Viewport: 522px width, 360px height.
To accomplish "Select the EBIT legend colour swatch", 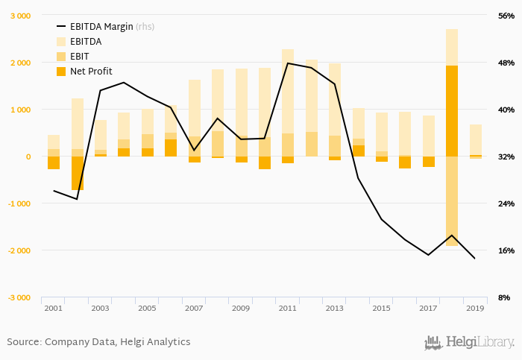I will click(x=62, y=57).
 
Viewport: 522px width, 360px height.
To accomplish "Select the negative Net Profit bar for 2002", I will click(x=78, y=173).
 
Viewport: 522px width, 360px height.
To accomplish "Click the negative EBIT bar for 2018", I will click(x=452, y=200).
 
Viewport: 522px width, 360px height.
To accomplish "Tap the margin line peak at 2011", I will click(x=288, y=63).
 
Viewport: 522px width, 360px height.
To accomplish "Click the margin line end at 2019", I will click(x=475, y=259).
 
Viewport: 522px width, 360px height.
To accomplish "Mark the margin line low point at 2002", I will click(x=77, y=199).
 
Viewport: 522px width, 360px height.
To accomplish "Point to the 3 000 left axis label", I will click(x=19, y=16).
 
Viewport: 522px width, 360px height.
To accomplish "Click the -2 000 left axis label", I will click(x=18, y=250).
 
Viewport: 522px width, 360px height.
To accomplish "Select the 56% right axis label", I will click(x=506, y=16).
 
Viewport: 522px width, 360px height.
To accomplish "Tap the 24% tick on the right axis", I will click(x=506, y=203).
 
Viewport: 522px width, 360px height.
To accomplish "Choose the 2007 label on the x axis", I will click(x=194, y=308).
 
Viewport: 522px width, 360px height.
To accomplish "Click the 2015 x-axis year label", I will click(x=381, y=308).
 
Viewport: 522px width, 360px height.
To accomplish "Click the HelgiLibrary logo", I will click(x=469, y=342).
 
